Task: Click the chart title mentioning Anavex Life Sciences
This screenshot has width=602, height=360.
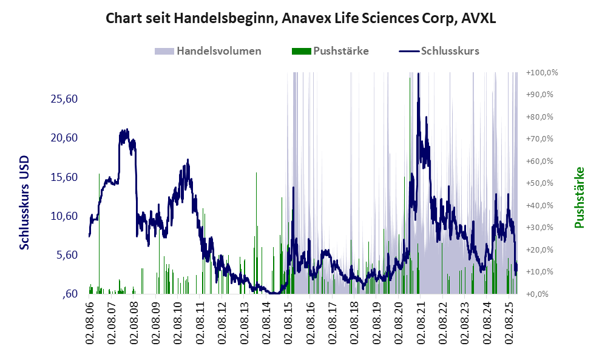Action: click(x=301, y=18)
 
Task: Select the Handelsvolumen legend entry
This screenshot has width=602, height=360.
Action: click(x=208, y=51)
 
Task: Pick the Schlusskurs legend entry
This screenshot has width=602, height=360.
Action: click(x=439, y=51)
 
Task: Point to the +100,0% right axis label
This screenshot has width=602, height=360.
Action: click(x=543, y=73)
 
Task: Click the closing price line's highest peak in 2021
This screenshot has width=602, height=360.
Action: click(x=418, y=75)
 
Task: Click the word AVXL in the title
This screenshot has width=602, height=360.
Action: click(x=479, y=18)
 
